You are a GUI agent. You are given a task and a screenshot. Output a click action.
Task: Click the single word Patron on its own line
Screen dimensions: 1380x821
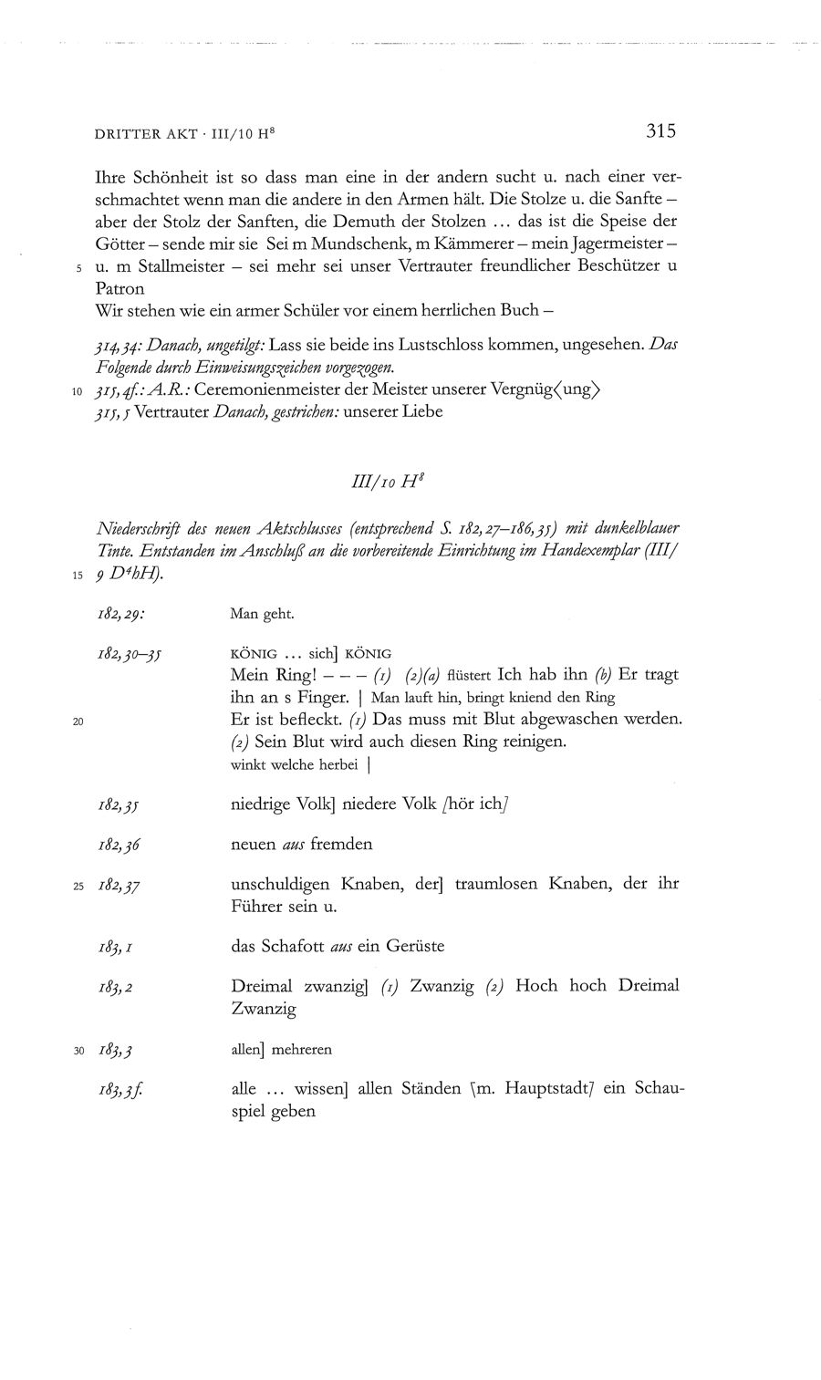click(119, 289)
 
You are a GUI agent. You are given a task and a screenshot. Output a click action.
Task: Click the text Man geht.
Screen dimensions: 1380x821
click(262, 614)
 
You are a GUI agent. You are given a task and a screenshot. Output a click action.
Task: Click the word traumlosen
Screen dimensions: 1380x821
click(486, 884)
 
